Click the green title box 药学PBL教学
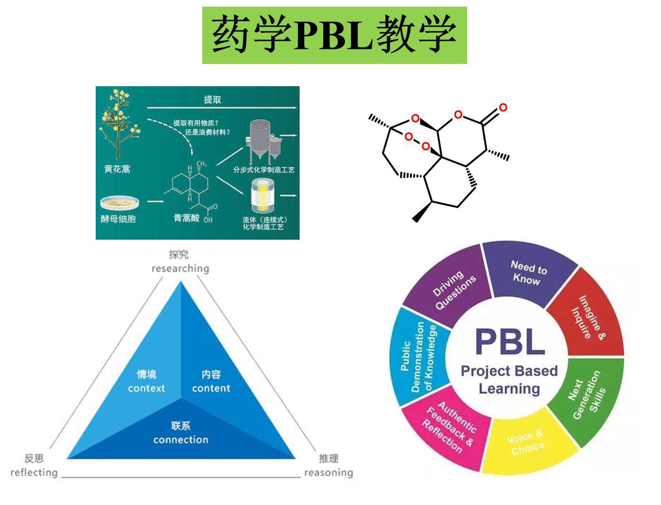click(334, 35)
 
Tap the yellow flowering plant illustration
click(117, 126)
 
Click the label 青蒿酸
click(186, 218)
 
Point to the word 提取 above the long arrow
click(212, 99)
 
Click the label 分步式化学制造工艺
click(263, 169)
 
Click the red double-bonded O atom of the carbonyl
click(503, 108)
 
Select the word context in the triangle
click(146, 388)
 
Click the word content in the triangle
click(211, 388)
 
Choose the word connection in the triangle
click(181, 440)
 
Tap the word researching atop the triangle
click(180, 269)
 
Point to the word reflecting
click(34, 472)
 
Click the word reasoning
click(328, 472)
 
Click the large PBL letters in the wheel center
click(509, 342)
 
